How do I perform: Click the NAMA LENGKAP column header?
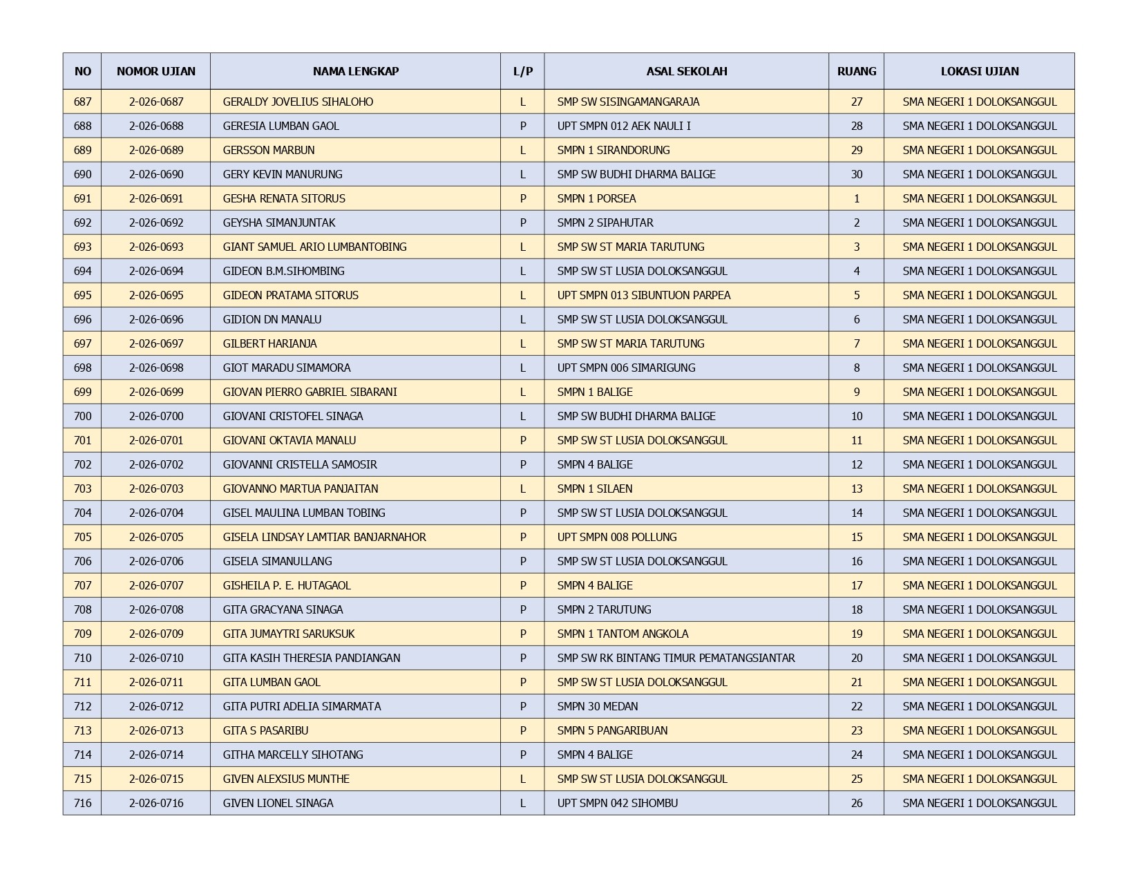(355, 71)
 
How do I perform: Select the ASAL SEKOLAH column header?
(686, 71)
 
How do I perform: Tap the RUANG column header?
(856, 71)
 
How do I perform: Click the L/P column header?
(522, 71)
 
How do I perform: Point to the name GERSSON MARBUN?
(268, 150)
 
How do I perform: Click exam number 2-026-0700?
(156, 416)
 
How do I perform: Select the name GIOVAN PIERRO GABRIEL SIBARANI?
(310, 392)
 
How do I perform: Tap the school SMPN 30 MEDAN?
(597, 706)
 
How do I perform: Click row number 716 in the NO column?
(82, 803)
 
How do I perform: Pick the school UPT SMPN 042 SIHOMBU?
(617, 803)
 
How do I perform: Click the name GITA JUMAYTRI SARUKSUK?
(289, 634)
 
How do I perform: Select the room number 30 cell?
(856, 174)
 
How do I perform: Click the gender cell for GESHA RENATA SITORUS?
(522, 198)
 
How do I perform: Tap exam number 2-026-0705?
(156, 537)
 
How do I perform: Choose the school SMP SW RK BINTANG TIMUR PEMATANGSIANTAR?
(676, 658)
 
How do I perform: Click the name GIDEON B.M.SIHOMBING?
(283, 271)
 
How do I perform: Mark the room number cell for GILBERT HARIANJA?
(856, 343)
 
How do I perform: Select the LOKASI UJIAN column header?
(979, 71)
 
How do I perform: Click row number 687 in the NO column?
(82, 102)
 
